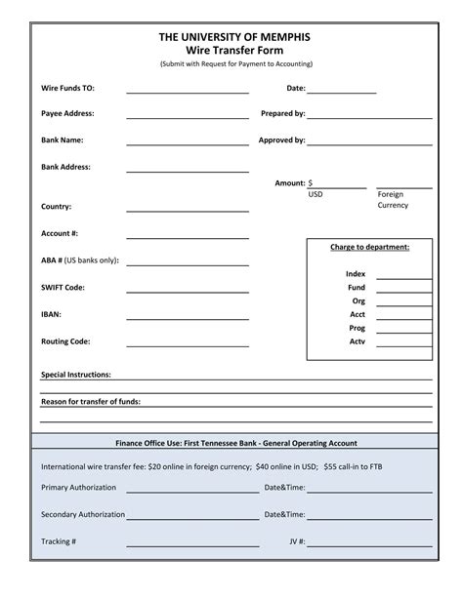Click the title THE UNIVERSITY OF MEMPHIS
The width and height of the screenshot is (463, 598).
pos(235,36)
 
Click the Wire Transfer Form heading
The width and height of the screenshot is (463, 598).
pos(235,49)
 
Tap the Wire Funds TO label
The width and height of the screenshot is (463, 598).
pos(67,88)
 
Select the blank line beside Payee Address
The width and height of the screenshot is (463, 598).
pos(188,116)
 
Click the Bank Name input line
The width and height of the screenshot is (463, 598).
pos(188,142)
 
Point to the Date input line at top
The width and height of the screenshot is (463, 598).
pos(342,91)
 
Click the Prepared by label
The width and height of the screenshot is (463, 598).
pos(283,113)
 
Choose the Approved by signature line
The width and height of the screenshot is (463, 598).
pos(369,142)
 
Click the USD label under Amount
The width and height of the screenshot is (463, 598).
pos(316,194)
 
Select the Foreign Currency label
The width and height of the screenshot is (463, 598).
pos(393,200)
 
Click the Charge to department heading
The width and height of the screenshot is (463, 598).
pos(369,247)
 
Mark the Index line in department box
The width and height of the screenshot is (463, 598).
pos(403,278)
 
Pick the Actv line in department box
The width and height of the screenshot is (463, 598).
pos(403,345)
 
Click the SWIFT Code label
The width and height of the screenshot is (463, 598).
pos(63,288)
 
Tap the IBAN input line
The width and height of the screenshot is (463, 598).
pos(188,317)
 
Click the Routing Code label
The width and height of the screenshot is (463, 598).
pos(65,341)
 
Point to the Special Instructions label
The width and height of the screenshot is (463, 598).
pos(75,375)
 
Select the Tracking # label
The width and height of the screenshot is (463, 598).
pos(59,540)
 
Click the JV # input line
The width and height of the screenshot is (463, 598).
pos(370,544)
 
